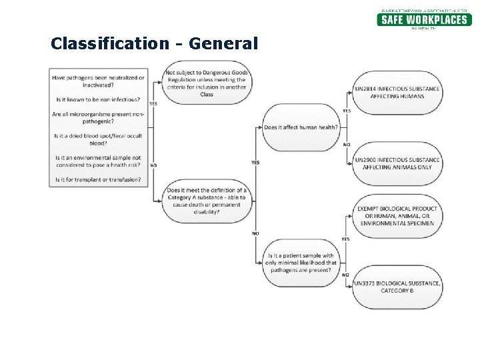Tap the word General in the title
coord(223,44)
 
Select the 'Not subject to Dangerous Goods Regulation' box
coord(206,83)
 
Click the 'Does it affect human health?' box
coord(301,127)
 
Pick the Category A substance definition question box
coord(207,201)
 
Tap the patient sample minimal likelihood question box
coord(301,263)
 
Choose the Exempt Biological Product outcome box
coord(397,216)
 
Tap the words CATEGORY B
coord(397,291)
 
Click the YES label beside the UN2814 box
coord(347,111)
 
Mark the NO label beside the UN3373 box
coord(345,275)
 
